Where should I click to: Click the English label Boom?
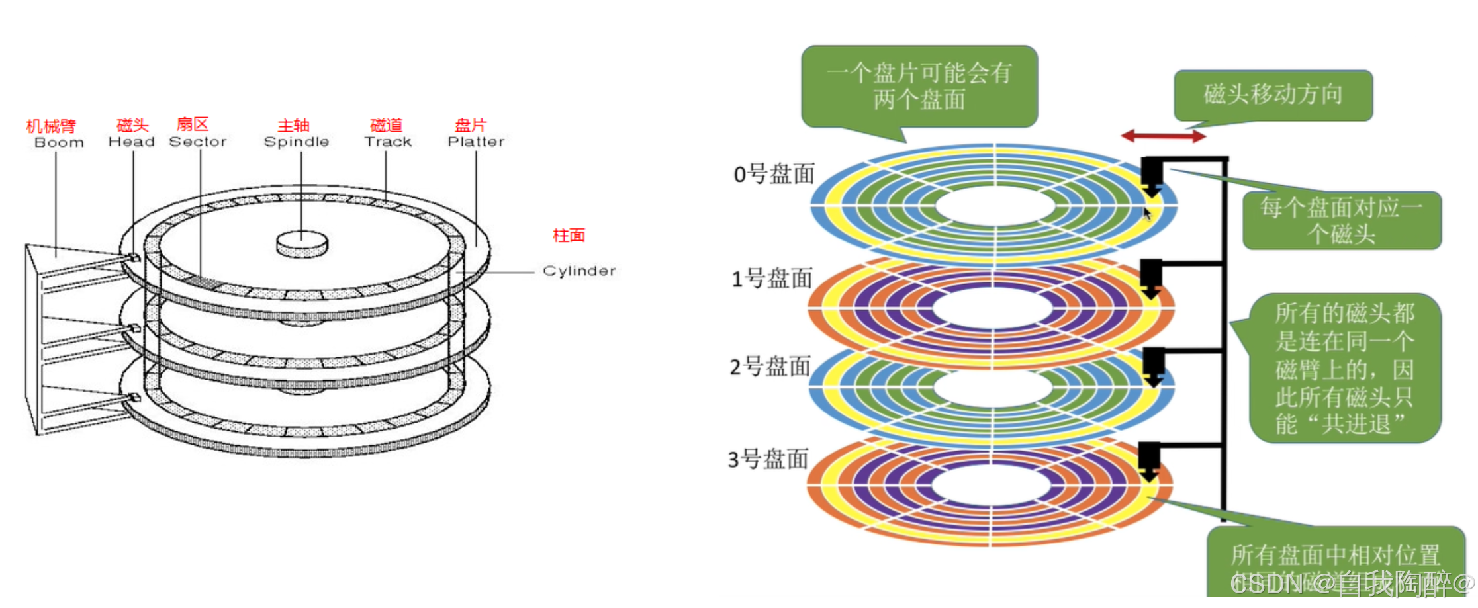59,143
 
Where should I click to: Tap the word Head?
131,142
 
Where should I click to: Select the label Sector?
198,142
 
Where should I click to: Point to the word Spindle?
296,142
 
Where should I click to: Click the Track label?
388,142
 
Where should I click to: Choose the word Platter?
476,142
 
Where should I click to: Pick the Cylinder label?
579,271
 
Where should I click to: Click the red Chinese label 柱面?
569,236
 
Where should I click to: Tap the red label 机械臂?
51,126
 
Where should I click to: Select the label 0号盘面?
774,174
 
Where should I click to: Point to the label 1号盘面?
772,279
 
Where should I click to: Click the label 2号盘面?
770,366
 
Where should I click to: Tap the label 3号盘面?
768,458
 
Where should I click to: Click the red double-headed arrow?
1163,136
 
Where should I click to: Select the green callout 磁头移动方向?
1273,95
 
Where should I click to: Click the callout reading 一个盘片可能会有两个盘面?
919,86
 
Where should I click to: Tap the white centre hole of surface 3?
991,486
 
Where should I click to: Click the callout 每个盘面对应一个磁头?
1341,220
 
